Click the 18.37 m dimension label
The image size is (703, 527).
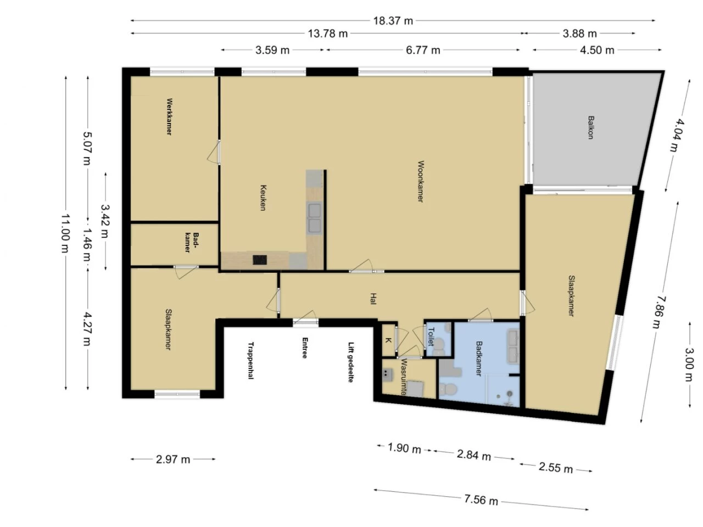(x=393, y=21)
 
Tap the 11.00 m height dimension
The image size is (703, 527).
(x=65, y=233)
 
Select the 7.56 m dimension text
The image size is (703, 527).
(x=481, y=500)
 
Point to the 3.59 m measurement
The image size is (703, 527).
(x=272, y=51)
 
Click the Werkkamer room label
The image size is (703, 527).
(x=169, y=117)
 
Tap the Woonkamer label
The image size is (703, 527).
(x=421, y=181)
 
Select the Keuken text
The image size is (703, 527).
(x=263, y=198)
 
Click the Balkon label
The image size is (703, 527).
(x=591, y=127)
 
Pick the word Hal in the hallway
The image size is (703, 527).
(x=373, y=299)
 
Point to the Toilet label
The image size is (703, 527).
(x=431, y=337)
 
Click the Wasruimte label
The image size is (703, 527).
(x=404, y=377)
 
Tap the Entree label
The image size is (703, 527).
(x=305, y=348)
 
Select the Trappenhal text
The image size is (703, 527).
(x=251, y=361)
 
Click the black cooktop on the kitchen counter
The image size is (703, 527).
(x=260, y=260)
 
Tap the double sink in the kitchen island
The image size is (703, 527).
(x=314, y=218)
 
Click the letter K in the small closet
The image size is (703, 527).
(x=388, y=340)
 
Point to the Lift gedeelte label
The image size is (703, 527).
(x=351, y=362)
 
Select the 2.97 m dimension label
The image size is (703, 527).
(x=173, y=459)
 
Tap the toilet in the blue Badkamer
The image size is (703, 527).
(x=448, y=389)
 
